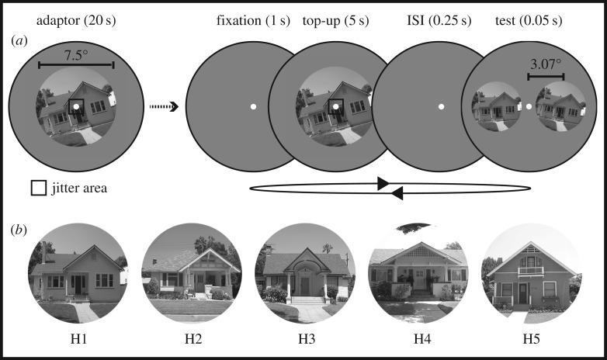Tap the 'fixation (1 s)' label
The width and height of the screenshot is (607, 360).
pyautogui.click(x=252, y=19)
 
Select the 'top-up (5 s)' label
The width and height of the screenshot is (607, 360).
pyautogui.click(x=336, y=19)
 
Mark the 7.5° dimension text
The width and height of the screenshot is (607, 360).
pyautogui.click(x=75, y=55)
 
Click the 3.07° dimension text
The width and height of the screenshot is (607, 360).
pyautogui.click(x=546, y=65)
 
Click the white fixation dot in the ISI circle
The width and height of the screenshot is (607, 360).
pyautogui.click(x=441, y=106)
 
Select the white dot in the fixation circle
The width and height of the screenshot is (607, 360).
pyautogui.click(x=253, y=106)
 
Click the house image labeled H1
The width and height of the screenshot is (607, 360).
pyautogui.click(x=78, y=272)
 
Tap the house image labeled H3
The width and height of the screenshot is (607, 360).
pyautogui.click(x=304, y=272)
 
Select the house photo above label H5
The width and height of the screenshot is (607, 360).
pyautogui.click(x=531, y=272)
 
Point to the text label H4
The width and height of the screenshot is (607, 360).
pyautogui.click(x=418, y=339)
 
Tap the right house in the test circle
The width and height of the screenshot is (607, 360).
pyautogui.click(x=559, y=106)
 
